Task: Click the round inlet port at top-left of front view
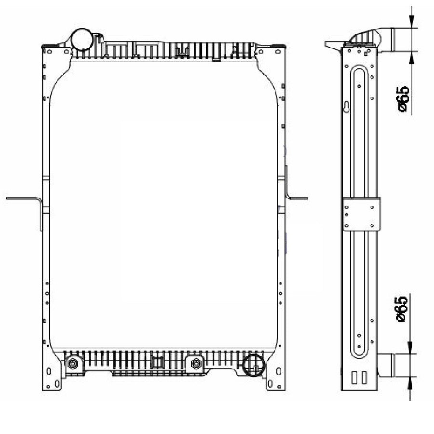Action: (81, 39)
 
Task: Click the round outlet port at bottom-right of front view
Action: (253, 366)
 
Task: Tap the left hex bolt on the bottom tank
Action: (73, 364)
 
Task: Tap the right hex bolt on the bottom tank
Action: (196, 364)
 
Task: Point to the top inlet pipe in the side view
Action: (400, 40)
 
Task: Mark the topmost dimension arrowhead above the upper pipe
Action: (411, 21)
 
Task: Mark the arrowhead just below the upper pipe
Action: (411, 57)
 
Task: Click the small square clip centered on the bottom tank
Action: (157, 363)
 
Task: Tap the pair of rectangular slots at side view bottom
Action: (358, 378)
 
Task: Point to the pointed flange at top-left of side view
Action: (332, 45)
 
